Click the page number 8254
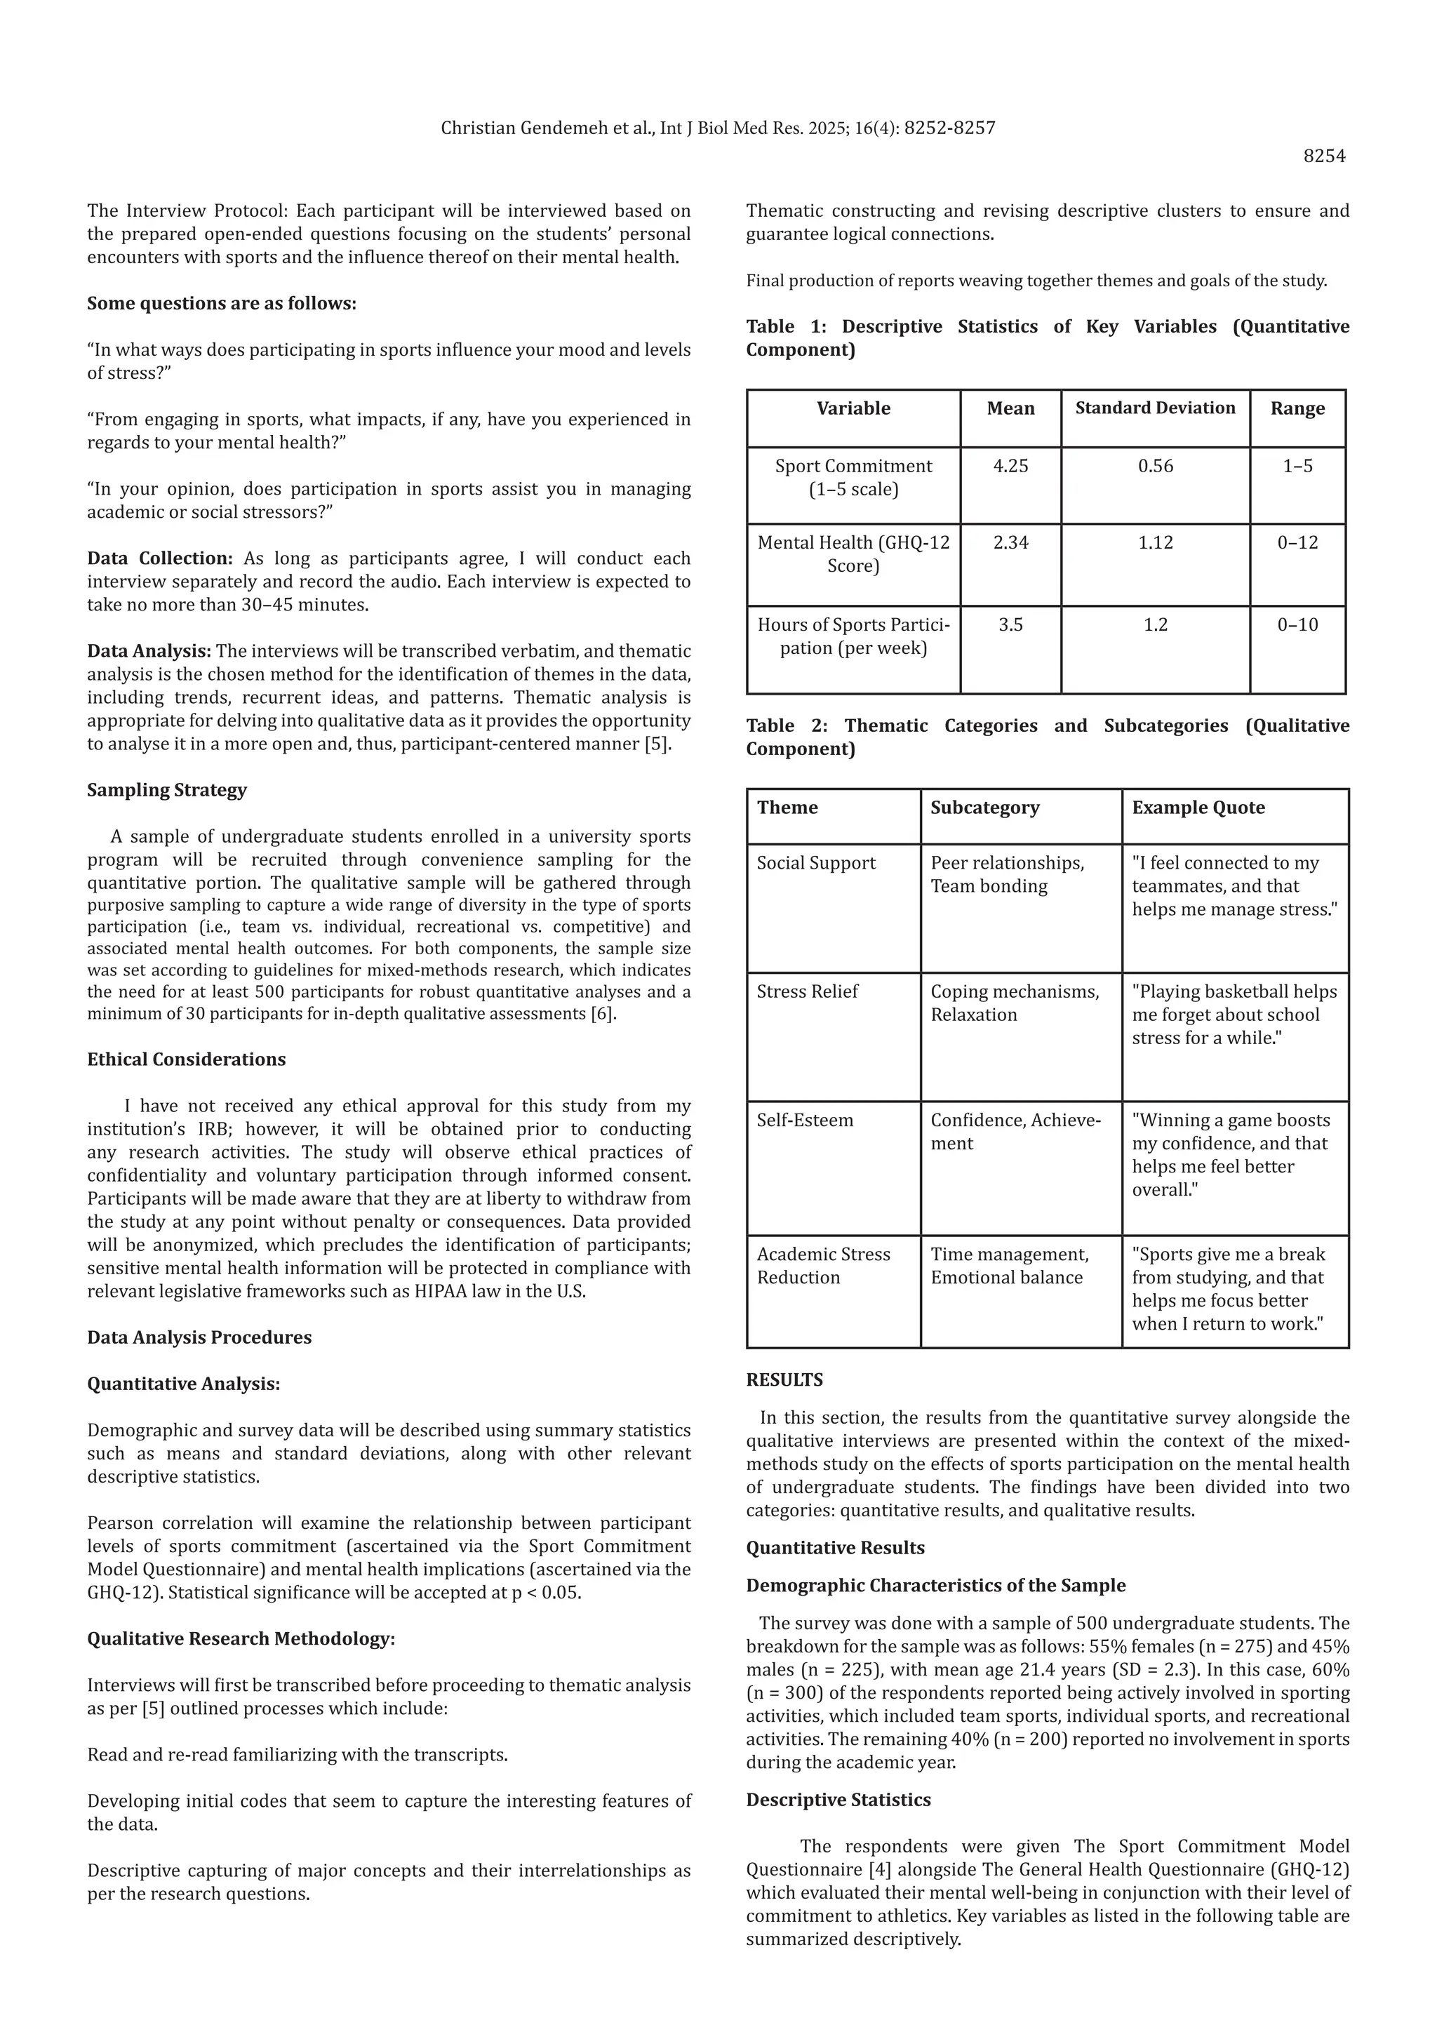pyautogui.click(x=1324, y=156)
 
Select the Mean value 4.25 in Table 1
pyautogui.click(x=1010, y=467)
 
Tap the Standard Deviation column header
pyautogui.click(x=1155, y=408)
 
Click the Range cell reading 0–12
pyautogui.click(x=1297, y=542)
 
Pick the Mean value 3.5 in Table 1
pyautogui.click(x=1010, y=624)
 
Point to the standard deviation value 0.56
pyautogui.click(x=1155, y=467)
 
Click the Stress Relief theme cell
pyautogui.click(x=807, y=991)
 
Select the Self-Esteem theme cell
pyautogui.click(x=804, y=1120)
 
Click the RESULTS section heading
pyautogui.click(x=784, y=1379)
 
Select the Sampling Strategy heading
pyautogui.click(x=166, y=789)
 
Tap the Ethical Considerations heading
pyautogui.click(x=186, y=1060)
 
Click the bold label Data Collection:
pyautogui.click(x=159, y=559)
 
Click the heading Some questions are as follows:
pyautogui.click(x=221, y=304)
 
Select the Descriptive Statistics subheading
pyautogui.click(x=838, y=1799)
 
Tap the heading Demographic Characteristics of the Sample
pyautogui.click(x=935, y=1585)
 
